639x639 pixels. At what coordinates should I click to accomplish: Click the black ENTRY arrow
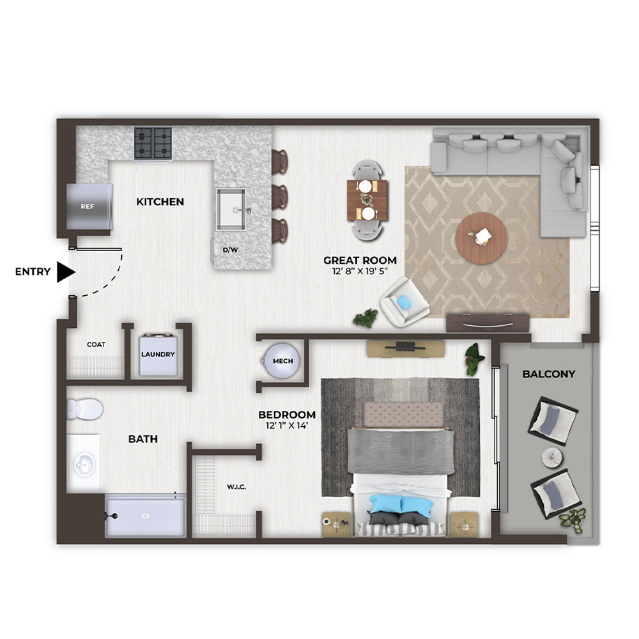66,272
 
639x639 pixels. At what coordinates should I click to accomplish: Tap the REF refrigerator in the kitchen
89,206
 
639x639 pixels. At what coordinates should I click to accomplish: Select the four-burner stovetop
153,143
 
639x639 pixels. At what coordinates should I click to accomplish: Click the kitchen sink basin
231,209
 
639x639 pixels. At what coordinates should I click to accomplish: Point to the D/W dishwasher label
230,250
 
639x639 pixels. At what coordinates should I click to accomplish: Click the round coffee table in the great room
481,238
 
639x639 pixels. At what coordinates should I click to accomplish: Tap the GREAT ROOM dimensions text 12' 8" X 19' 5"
360,271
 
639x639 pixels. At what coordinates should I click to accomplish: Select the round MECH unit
282,361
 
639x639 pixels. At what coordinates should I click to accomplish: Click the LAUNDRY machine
158,355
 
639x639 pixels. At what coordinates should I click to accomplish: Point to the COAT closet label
96,345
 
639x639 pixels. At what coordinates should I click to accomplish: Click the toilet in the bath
85,409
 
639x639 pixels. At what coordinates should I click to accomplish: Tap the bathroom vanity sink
84,465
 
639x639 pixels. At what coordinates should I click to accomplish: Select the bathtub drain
145,516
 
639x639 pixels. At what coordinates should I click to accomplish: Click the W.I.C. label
236,487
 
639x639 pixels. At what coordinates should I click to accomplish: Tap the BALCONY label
548,374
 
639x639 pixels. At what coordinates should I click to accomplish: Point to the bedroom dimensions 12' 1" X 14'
286,426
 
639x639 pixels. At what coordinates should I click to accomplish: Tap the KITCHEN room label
160,202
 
